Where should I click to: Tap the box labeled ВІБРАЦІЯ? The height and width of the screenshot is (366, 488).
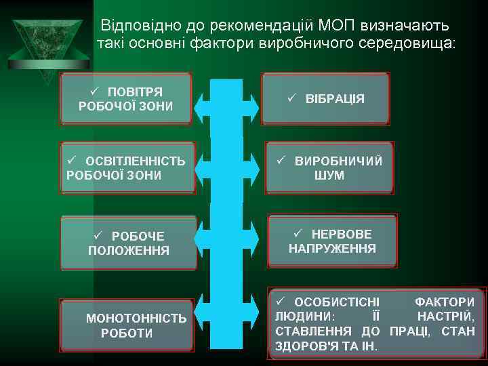coord(328,99)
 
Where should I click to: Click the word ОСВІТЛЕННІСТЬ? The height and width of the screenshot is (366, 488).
coord(135,161)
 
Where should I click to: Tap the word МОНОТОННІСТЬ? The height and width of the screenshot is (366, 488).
coord(136,318)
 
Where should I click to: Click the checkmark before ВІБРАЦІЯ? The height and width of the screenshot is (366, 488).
coord(291,98)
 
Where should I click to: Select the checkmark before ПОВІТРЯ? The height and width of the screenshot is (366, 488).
coord(95,91)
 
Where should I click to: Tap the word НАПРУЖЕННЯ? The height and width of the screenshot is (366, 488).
coord(332,249)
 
